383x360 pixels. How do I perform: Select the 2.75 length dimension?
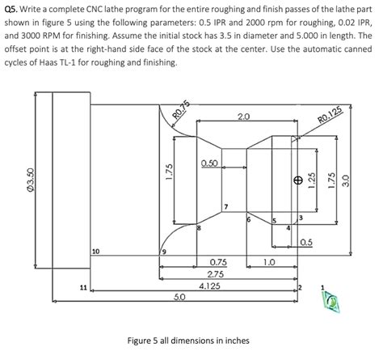[217, 274]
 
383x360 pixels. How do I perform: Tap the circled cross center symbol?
[298, 180]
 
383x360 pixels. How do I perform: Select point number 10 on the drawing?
[96, 252]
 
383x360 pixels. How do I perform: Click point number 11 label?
[84, 286]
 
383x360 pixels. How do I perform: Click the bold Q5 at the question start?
[13, 9]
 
